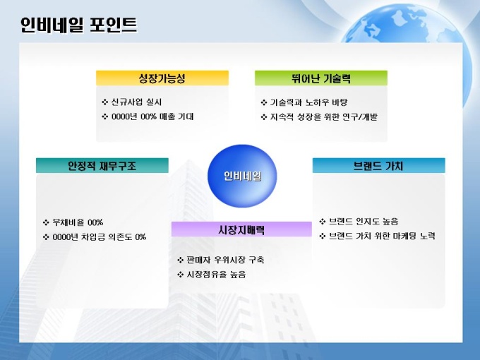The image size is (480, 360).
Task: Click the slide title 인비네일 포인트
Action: coord(78,25)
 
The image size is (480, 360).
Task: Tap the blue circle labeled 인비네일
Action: coord(242,176)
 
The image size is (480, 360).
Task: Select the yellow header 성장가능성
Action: coord(162,78)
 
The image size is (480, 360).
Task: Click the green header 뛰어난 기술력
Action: coord(321,78)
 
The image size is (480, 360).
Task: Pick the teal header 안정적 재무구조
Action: coord(102,166)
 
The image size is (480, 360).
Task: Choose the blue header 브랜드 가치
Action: coord(378,166)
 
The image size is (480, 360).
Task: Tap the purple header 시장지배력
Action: coord(241,229)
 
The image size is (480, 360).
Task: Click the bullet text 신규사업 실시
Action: coord(136,102)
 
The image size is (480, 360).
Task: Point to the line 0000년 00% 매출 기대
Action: coord(152,116)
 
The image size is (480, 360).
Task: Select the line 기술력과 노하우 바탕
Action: coord(308,102)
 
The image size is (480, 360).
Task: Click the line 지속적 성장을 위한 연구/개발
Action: coord(323,116)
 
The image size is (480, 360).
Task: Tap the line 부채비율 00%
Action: coord(78,222)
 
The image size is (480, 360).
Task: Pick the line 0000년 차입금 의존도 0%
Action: coord(100,237)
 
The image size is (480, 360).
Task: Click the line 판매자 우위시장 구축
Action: coord(225,260)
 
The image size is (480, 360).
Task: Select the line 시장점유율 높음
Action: coord(216,275)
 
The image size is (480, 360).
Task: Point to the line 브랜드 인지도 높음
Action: coord(364,222)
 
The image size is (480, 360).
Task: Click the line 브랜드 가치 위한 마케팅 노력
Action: coord(382,236)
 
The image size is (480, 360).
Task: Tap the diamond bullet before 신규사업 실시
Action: coord(105,102)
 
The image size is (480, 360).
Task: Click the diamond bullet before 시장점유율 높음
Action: coord(180,275)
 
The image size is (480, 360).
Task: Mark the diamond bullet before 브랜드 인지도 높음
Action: coord(323,222)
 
